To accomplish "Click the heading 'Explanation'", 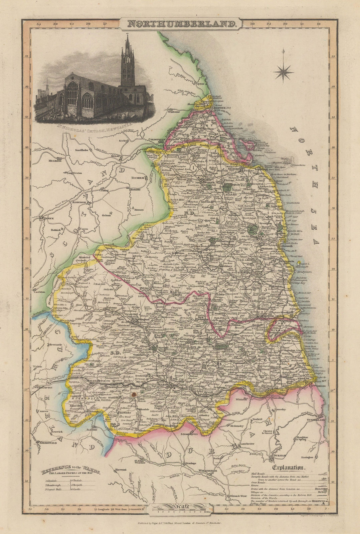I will [289, 468].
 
